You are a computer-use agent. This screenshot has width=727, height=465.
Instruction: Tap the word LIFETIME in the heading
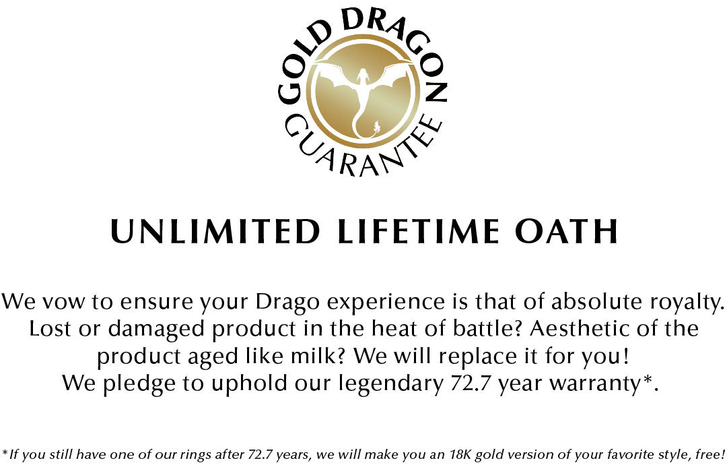[418, 230]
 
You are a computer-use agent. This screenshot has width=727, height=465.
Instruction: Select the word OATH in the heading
[566, 230]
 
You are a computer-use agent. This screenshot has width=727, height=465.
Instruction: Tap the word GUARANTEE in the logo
[361, 148]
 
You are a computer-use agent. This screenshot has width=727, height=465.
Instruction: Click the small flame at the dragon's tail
[376, 126]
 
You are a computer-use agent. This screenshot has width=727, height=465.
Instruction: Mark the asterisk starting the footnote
[5, 451]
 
